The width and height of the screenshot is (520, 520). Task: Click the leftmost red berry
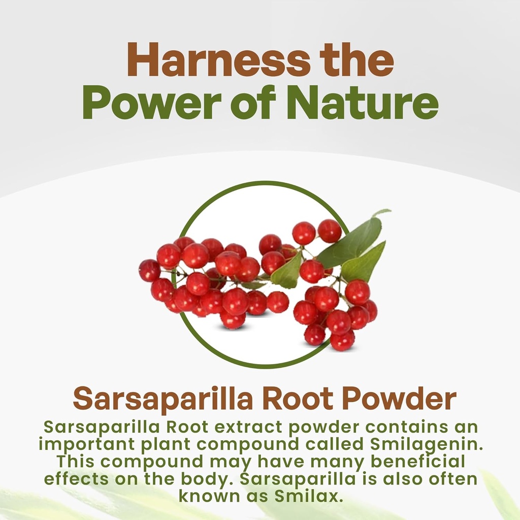tap(149, 270)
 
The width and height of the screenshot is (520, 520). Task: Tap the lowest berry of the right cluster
tap(342, 340)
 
